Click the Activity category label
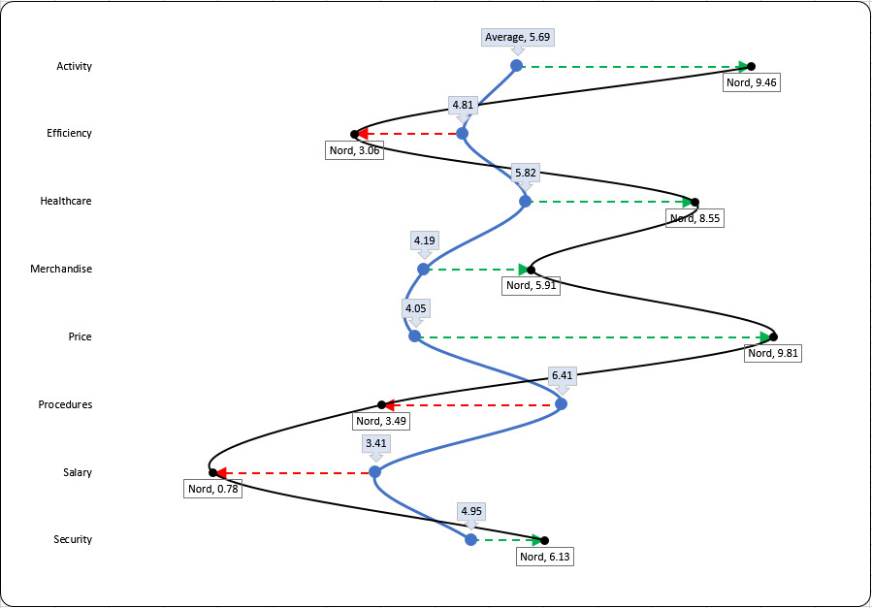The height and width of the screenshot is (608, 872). tap(74, 66)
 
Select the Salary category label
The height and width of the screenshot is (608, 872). tap(77, 472)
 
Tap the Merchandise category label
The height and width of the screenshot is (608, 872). tap(61, 269)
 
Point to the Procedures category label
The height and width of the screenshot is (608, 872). tap(65, 404)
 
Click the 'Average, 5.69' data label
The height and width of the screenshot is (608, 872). tap(518, 38)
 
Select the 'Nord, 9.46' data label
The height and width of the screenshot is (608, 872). tap(752, 82)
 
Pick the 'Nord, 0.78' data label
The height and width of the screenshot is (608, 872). tap(213, 489)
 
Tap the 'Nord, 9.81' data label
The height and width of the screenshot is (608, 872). tap(773, 353)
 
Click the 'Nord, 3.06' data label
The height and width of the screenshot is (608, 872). tap(355, 150)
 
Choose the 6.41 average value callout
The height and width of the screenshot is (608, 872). tap(562, 374)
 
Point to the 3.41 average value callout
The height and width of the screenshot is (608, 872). tap(376, 443)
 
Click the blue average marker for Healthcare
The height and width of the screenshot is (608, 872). tap(526, 202)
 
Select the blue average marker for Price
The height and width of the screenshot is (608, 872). tap(415, 336)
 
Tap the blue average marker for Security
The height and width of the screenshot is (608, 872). tap(471, 540)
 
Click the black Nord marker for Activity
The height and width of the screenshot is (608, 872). tap(751, 66)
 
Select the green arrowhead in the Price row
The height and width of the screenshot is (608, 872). tap(766, 336)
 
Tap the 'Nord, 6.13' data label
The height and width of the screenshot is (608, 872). tap(546, 557)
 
